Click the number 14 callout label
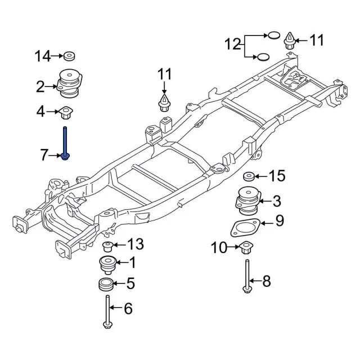[x=42, y=56]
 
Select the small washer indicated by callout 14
[x=70, y=56]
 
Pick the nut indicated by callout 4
[x=66, y=112]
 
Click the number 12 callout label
[x=232, y=43]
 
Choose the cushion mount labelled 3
[x=248, y=201]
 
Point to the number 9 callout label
[x=279, y=221]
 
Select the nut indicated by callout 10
[x=246, y=246]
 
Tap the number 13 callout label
[x=136, y=244]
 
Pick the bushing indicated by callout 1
[x=106, y=264]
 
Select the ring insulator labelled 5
[x=105, y=284]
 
